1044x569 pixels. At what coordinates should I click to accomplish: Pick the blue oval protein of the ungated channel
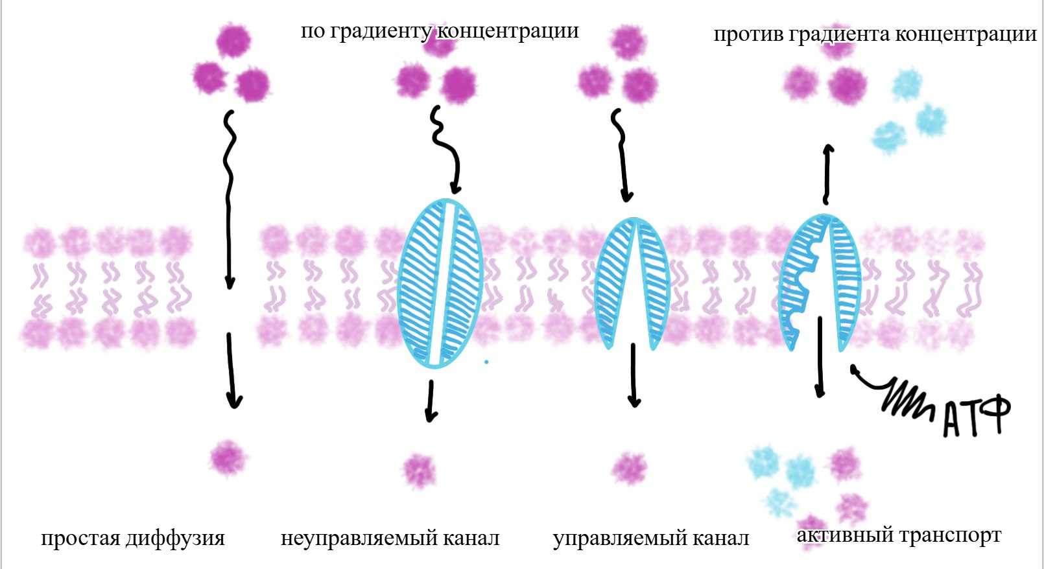[x=440, y=284]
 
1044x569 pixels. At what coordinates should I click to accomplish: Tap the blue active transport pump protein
[x=819, y=282]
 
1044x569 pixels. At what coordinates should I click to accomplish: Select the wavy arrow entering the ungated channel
[x=447, y=149]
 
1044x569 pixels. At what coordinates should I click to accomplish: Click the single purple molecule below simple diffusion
[x=228, y=458]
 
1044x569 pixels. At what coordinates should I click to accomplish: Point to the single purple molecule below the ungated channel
[x=420, y=470]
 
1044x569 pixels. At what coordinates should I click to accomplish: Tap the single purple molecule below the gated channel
[x=630, y=468]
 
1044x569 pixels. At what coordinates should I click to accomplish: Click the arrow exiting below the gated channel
[x=634, y=376]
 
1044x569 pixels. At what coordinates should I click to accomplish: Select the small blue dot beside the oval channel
[x=486, y=362]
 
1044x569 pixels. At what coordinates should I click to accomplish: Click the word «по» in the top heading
[x=313, y=31]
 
